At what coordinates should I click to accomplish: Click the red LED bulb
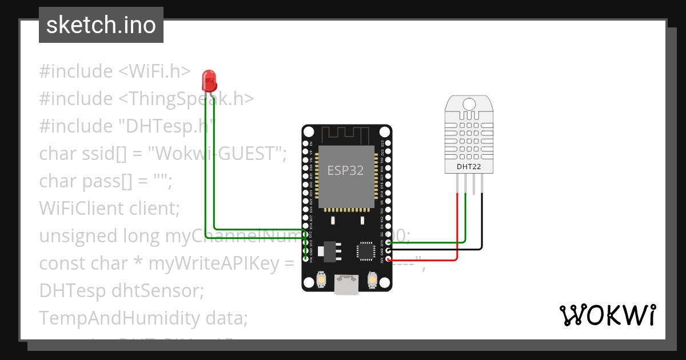click(x=210, y=81)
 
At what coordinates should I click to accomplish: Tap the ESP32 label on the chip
click(x=345, y=170)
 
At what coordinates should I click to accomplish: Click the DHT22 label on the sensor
click(x=468, y=167)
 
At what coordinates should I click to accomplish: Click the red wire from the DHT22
click(x=457, y=229)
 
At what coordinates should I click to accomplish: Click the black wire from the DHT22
click(x=482, y=223)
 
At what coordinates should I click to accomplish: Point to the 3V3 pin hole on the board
click(x=388, y=259)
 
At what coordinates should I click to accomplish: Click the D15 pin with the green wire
click(x=388, y=242)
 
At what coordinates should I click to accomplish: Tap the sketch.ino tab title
click(x=101, y=25)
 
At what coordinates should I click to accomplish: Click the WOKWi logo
click(x=607, y=315)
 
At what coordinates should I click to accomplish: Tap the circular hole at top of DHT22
click(x=468, y=103)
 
